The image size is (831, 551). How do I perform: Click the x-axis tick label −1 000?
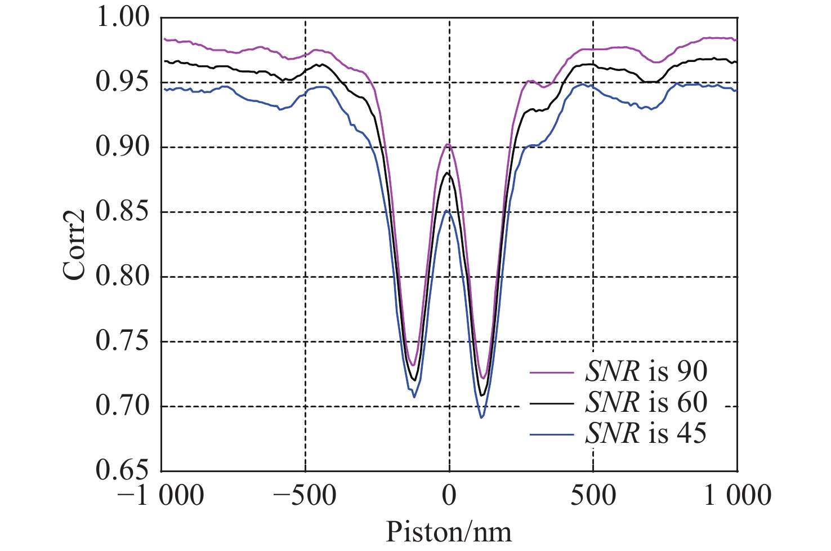[x=161, y=496]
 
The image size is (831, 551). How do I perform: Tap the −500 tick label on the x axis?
[x=305, y=496]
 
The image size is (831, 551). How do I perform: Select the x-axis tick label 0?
[x=449, y=496]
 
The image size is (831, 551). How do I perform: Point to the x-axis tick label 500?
[x=593, y=496]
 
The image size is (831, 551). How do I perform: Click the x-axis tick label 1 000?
[x=737, y=496]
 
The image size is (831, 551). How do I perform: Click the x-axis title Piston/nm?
[x=449, y=532]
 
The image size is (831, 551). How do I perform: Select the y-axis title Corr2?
[x=74, y=245]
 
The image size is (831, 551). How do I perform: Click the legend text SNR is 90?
[x=646, y=371]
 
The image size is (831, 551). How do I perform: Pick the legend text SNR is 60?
[x=646, y=402]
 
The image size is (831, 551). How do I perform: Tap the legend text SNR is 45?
[x=646, y=433]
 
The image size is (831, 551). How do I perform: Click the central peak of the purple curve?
[x=448, y=145]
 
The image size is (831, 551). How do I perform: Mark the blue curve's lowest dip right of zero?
[x=481, y=417]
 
